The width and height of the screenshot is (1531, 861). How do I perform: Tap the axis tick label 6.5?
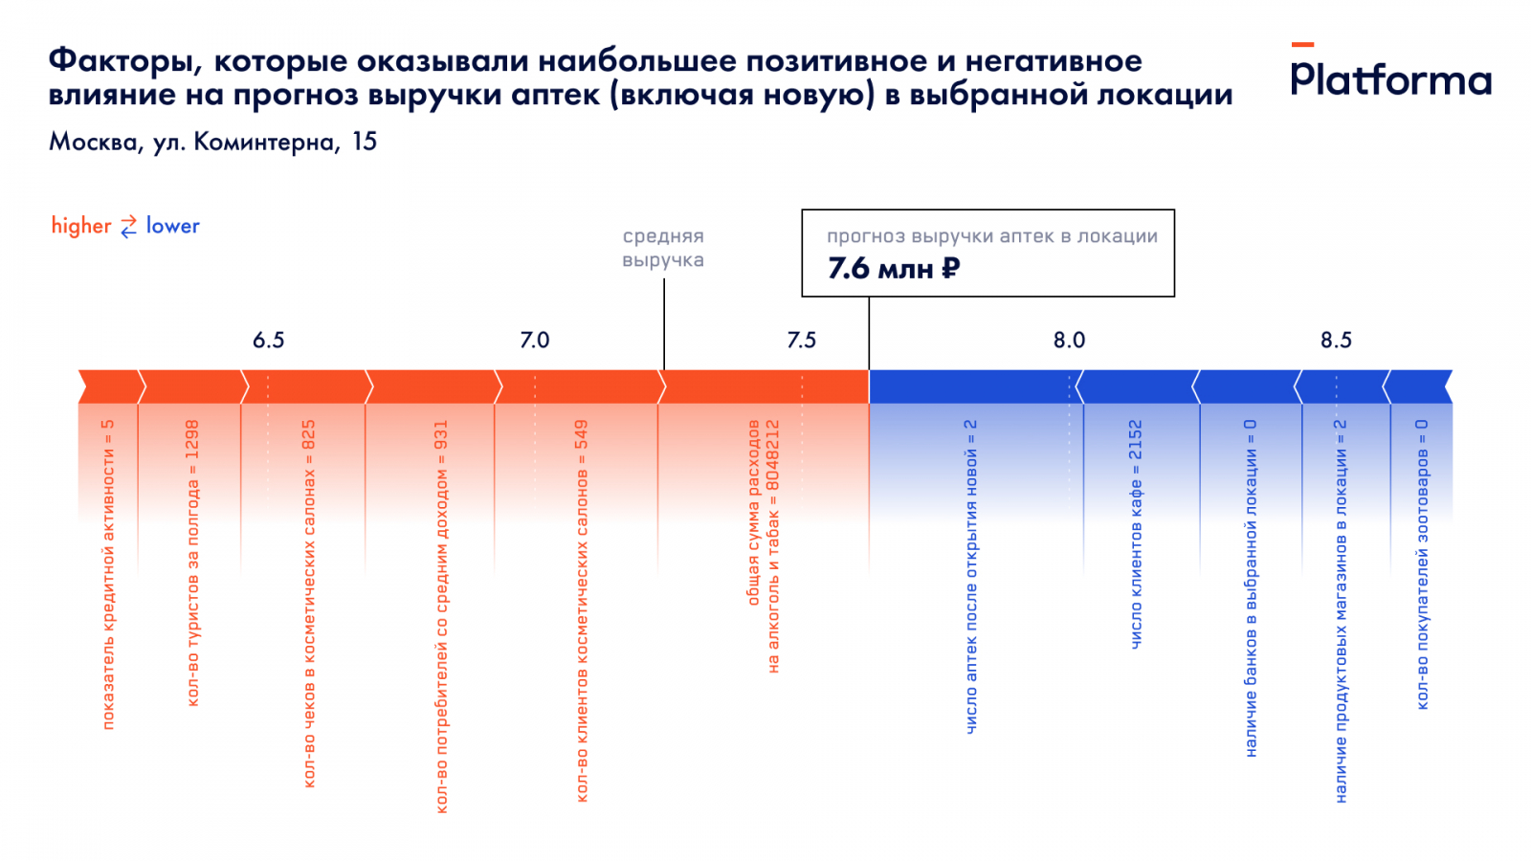(268, 341)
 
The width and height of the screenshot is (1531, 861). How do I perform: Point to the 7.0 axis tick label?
(535, 341)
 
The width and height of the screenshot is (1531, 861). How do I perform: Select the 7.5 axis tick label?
(802, 341)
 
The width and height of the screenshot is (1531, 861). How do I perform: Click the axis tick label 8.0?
(1069, 341)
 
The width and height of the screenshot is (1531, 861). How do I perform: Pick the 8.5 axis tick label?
(1336, 341)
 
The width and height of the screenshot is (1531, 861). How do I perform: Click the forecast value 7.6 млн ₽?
(893, 269)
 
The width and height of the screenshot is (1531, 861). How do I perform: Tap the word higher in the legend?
(81, 226)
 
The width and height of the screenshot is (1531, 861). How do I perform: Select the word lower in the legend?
(172, 226)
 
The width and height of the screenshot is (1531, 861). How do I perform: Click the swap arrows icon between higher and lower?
(128, 227)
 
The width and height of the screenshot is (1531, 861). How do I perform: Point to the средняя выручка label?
(663, 248)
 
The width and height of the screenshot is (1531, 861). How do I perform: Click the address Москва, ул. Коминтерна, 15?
(212, 143)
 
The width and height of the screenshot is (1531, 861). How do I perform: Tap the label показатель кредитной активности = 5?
(108, 574)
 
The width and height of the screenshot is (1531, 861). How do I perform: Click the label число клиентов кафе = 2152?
(1136, 534)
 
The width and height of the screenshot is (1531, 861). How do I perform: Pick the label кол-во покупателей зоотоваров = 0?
(1422, 564)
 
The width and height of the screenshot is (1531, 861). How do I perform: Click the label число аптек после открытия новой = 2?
(971, 576)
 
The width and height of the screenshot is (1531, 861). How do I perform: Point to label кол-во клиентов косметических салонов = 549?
(582, 610)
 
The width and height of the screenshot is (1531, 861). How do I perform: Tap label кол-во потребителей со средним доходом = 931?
(441, 616)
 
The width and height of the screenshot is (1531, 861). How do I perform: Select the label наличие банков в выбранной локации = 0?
(1251, 587)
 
